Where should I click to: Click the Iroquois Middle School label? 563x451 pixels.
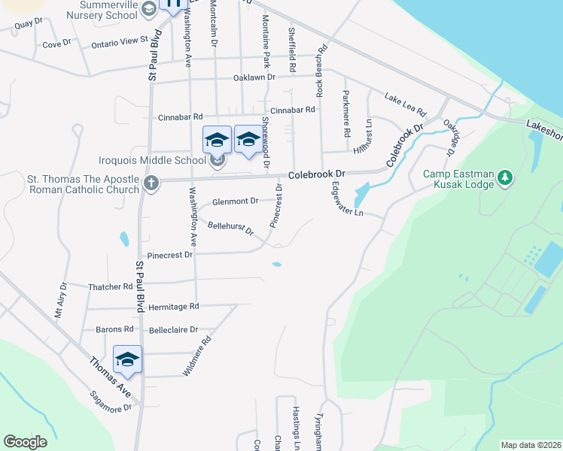click(x=153, y=160)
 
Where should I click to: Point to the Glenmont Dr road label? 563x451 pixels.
click(x=235, y=201)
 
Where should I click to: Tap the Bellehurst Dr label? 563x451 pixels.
click(x=230, y=227)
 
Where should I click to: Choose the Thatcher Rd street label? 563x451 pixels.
click(x=110, y=287)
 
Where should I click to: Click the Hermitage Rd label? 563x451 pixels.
click(x=173, y=307)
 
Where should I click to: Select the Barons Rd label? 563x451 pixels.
click(x=114, y=329)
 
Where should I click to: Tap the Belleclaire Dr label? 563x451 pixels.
click(x=173, y=329)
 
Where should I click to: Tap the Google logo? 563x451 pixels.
click(x=25, y=442)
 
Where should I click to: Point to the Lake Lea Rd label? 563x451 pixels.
click(x=405, y=98)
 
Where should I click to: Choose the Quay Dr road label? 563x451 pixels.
click(x=23, y=24)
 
